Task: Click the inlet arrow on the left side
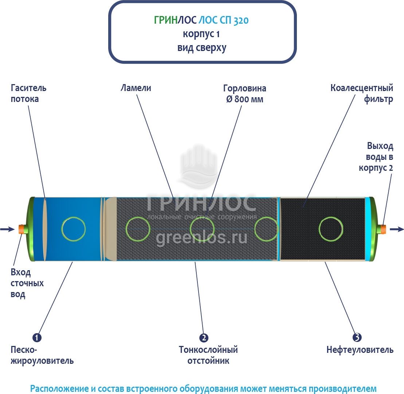(7, 229)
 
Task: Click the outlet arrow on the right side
(397, 229)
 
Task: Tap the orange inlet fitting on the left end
(21, 229)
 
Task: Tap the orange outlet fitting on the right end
(383, 229)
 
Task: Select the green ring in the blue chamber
(73, 229)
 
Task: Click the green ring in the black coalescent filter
(331, 229)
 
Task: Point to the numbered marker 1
(37, 338)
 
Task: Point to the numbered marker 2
(204, 338)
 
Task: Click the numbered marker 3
(357, 338)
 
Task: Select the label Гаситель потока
(28, 94)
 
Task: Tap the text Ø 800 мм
(244, 99)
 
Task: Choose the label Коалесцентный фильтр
(362, 94)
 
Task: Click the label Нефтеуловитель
(360, 350)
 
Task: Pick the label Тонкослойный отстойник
(208, 355)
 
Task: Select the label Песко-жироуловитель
(42, 355)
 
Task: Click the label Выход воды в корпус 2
(377, 157)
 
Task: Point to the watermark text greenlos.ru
(201, 238)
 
